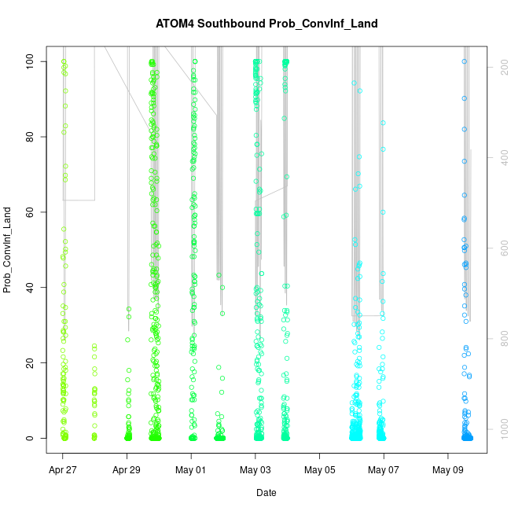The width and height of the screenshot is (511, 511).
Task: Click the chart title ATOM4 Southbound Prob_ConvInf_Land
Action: point(267,24)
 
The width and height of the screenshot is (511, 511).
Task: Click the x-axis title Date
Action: point(266,493)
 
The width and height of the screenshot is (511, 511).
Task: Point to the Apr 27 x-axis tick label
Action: point(63,471)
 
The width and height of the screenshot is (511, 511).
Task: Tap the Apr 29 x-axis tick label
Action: point(127,471)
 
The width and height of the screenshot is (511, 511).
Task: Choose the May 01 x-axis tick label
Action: point(191,471)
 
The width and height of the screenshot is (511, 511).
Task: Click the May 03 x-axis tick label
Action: point(256,471)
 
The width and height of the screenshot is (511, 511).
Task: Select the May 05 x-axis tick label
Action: point(319,471)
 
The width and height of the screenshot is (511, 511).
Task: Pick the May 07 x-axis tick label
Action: point(384,471)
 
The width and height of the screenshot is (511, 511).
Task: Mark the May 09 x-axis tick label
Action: point(448,471)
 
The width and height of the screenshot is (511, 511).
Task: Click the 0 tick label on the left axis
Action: point(31,439)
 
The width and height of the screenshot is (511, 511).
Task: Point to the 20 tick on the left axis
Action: point(31,363)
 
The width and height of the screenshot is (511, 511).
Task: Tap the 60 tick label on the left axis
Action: point(31,212)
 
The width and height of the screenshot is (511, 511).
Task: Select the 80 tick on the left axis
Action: point(31,137)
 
